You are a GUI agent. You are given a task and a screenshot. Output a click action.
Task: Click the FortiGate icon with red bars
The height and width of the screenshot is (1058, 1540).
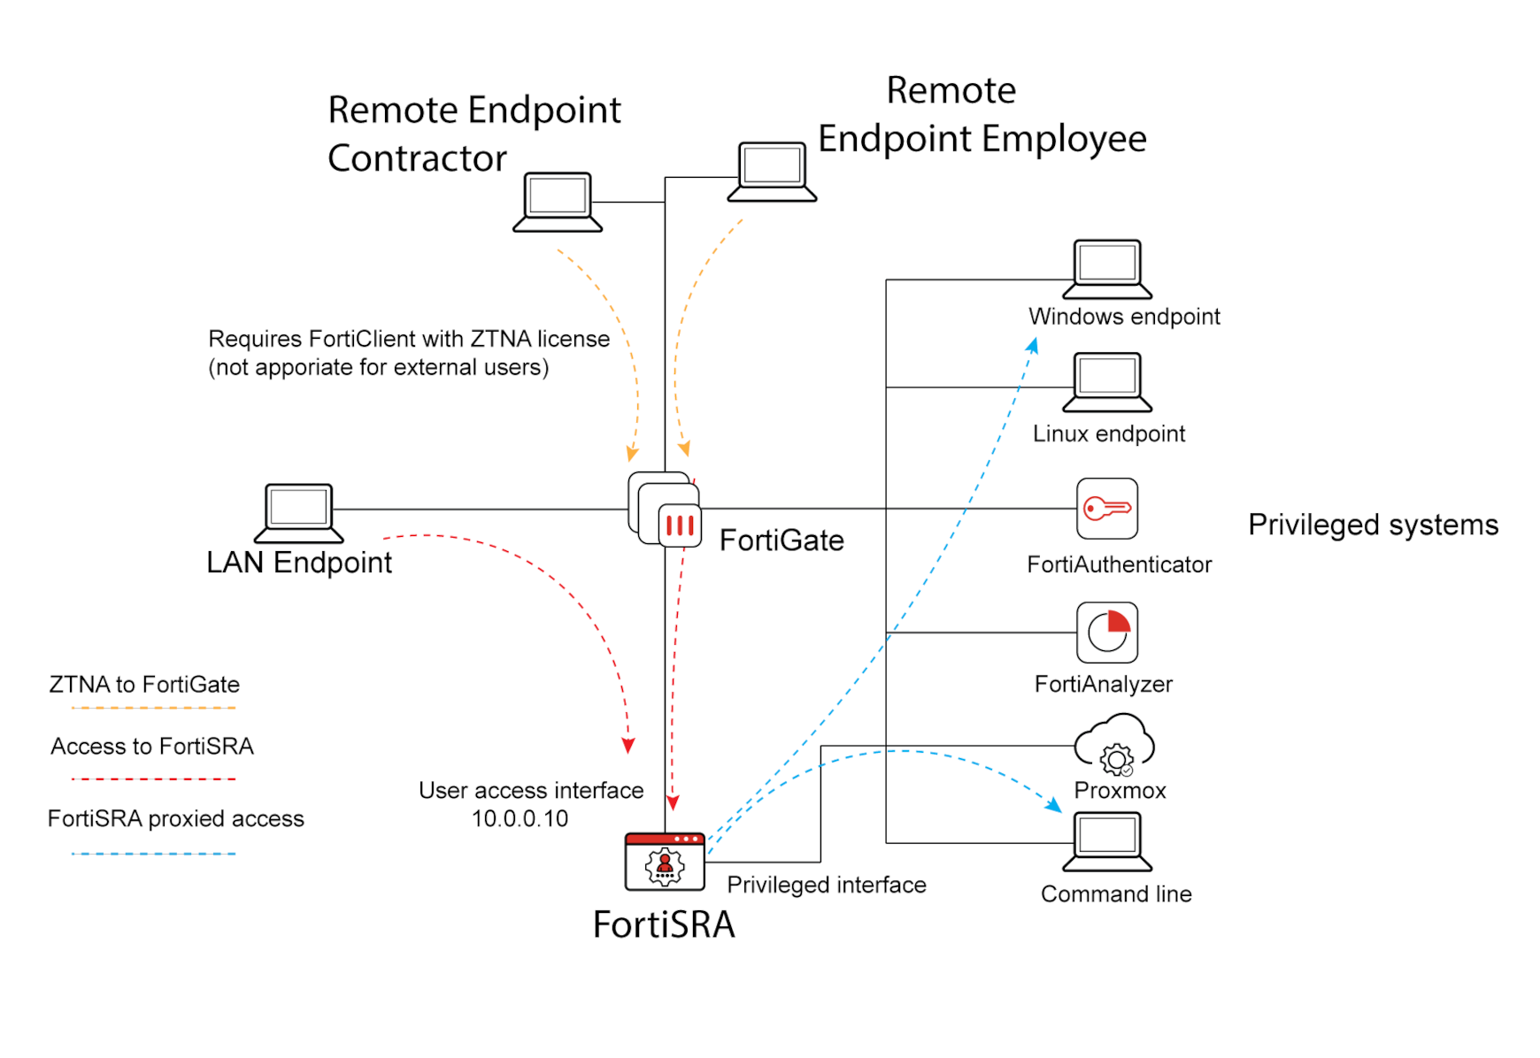679,525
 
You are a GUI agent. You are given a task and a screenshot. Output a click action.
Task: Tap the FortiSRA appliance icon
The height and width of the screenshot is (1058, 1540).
665,862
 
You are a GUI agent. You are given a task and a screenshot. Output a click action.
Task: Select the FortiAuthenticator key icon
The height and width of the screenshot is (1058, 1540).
1106,509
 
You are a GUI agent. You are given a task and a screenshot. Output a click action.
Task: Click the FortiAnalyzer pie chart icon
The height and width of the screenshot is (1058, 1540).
1106,632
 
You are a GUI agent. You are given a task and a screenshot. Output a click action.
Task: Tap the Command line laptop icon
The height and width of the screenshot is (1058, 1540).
1107,841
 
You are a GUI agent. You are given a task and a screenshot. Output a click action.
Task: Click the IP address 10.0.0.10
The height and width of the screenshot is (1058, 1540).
520,819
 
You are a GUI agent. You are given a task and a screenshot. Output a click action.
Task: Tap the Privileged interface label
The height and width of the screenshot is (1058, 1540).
826,885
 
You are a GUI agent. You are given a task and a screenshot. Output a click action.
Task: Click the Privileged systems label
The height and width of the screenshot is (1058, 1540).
1373,525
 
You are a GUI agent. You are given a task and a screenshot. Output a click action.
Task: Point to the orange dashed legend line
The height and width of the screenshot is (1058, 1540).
153,708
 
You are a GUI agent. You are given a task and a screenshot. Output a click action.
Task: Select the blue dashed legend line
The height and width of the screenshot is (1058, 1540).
153,854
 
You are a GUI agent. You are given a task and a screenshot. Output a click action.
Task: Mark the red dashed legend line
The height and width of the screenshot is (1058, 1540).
153,779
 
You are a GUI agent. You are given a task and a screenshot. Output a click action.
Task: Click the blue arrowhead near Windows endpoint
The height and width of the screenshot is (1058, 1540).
1033,345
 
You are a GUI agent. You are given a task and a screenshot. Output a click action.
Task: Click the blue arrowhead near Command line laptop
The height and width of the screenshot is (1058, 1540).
1053,805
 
